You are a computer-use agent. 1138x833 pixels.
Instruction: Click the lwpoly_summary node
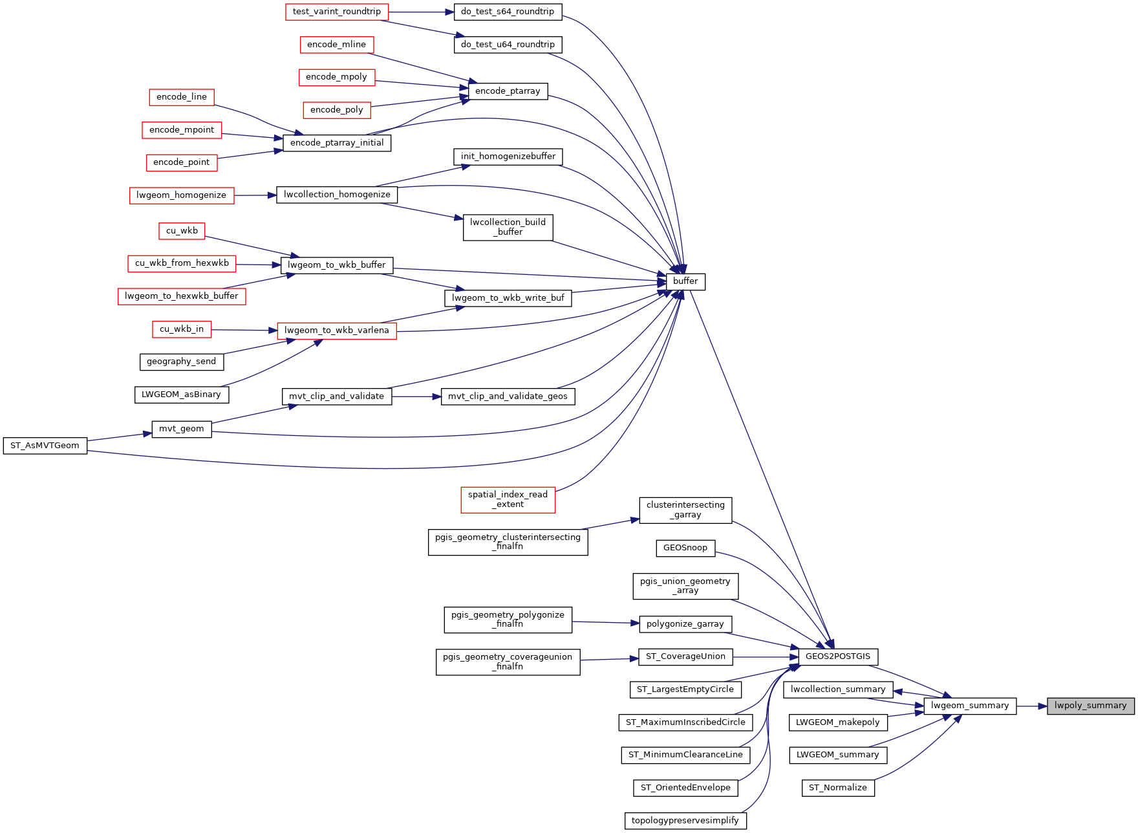tap(1091, 706)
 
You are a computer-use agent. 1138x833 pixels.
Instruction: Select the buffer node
tap(685, 281)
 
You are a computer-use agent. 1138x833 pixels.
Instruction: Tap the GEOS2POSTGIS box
tap(838, 656)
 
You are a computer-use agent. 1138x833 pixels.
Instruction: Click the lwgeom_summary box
tap(970, 706)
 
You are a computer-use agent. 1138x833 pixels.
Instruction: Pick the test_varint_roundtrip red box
tap(337, 12)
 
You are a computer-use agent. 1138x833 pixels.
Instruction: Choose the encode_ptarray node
tap(508, 91)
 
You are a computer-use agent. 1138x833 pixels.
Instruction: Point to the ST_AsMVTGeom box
tap(45, 446)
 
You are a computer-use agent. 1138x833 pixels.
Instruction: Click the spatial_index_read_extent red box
tap(508, 500)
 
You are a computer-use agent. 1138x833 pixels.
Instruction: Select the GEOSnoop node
tap(685, 548)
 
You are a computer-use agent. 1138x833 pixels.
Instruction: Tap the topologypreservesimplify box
tap(685, 821)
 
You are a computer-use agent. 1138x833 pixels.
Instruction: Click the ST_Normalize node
tap(838, 788)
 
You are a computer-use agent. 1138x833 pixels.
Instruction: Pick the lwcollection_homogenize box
tap(337, 195)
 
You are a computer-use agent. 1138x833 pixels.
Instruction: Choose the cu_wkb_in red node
tap(182, 329)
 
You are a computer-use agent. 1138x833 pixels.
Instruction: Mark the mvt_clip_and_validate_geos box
tap(508, 396)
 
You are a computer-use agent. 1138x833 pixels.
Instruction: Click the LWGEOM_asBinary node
tap(182, 395)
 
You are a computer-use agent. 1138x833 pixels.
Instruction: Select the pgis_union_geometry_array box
tap(685, 586)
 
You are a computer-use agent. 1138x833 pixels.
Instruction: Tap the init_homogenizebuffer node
tap(508, 157)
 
